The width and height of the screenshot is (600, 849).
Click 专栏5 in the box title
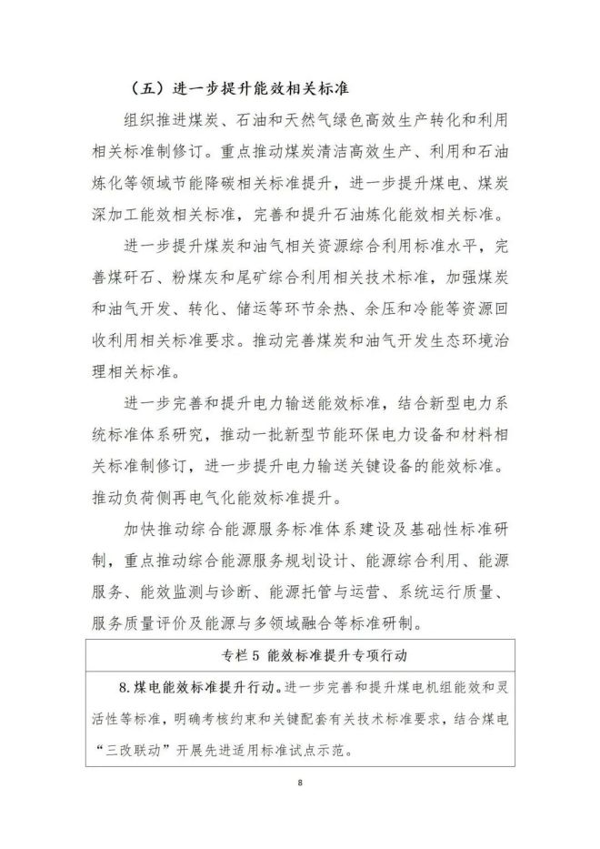tap(242, 655)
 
